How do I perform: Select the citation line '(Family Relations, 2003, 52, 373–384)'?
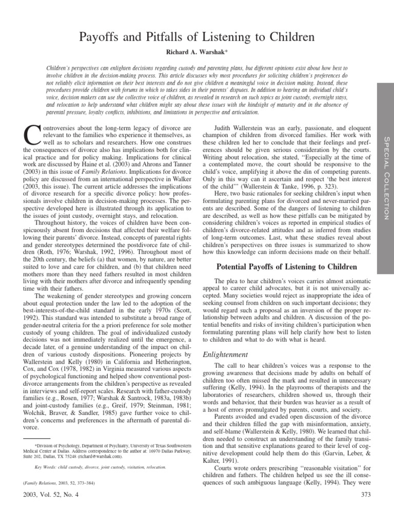55,483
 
